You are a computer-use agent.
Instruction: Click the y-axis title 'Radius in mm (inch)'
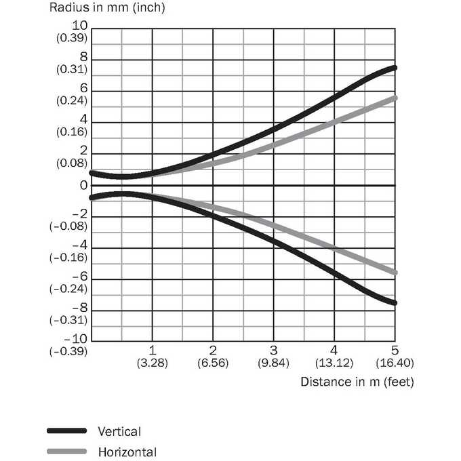click(x=107, y=7)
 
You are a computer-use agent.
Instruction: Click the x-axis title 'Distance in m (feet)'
click(x=357, y=382)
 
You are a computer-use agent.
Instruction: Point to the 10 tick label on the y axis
click(x=80, y=26)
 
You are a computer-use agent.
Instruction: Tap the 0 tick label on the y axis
click(x=84, y=186)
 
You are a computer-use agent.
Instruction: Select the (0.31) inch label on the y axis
click(x=72, y=69)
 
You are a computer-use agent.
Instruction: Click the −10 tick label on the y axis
click(x=75, y=339)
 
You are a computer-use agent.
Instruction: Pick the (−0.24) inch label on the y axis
click(x=68, y=289)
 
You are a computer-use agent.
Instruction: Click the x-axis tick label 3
click(x=273, y=350)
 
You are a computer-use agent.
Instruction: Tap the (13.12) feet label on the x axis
click(x=334, y=363)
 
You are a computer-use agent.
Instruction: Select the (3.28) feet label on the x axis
click(x=153, y=363)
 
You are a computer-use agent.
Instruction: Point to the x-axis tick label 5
click(x=395, y=350)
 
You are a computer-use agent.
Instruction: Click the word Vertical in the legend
click(x=119, y=432)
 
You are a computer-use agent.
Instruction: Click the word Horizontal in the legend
click(x=127, y=452)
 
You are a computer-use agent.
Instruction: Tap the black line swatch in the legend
click(x=66, y=431)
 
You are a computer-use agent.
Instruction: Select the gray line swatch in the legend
click(x=66, y=452)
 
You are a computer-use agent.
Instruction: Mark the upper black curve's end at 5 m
click(x=395, y=68)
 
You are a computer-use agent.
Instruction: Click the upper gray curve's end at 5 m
click(x=395, y=98)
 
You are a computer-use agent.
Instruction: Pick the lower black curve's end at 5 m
click(x=395, y=303)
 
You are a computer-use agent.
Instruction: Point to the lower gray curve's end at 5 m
click(x=395, y=273)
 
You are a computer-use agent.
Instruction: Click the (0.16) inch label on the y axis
click(x=72, y=132)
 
